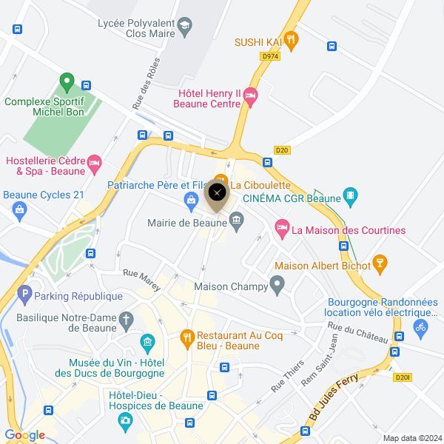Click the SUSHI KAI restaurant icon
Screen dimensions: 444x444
[x=292, y=41]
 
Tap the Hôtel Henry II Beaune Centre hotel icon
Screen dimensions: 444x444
[x=251, y=94]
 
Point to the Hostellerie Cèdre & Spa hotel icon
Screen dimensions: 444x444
[x=94, y=163]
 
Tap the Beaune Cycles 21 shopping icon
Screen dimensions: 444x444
[x=19, y=210]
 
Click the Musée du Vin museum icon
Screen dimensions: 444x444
[x=147, y=343]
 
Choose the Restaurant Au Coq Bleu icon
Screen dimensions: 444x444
[x=188, y=339]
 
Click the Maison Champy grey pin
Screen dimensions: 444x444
[x=277, y=283]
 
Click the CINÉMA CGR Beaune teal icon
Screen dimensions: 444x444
[x=351, y=197]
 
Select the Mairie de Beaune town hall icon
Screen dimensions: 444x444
[x=236, y=219]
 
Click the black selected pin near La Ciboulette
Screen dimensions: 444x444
[x=217, y=194]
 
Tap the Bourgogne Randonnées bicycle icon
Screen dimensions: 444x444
[x=421, y=326]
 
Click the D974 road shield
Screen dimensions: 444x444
[x=269, y=55]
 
